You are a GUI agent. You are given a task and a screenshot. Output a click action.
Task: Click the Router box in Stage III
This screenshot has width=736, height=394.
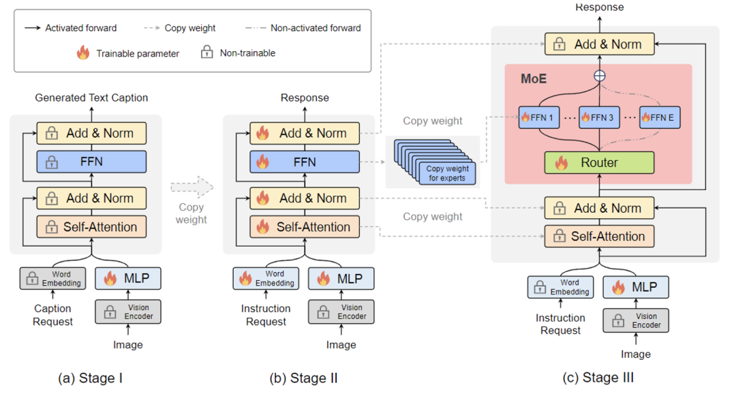pos(599,162)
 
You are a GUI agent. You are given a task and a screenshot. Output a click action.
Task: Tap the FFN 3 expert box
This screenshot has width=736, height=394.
pos(599,118)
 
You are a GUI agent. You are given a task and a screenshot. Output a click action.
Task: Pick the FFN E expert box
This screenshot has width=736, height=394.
pos(659,118)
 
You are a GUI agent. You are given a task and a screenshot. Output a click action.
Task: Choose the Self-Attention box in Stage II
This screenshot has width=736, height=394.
pos(305,227)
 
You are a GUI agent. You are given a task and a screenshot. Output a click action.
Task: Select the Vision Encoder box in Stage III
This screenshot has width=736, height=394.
pos(636,320)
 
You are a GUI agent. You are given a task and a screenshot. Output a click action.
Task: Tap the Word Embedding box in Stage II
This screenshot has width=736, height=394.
pos(266,278)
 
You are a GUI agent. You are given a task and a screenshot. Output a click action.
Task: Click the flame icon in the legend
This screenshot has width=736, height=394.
pos(82,52)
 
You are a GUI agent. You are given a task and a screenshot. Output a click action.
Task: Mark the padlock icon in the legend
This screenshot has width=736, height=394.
pos(206,52)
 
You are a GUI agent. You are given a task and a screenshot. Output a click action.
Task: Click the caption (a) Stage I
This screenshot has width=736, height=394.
pos(91,377)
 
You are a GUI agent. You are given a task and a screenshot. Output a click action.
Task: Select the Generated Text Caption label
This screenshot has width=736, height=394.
pos(91,97)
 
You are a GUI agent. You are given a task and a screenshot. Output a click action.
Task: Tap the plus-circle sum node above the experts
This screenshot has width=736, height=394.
pos(599,76)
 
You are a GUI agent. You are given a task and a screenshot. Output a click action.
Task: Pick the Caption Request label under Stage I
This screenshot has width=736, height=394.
pos(52,315)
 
